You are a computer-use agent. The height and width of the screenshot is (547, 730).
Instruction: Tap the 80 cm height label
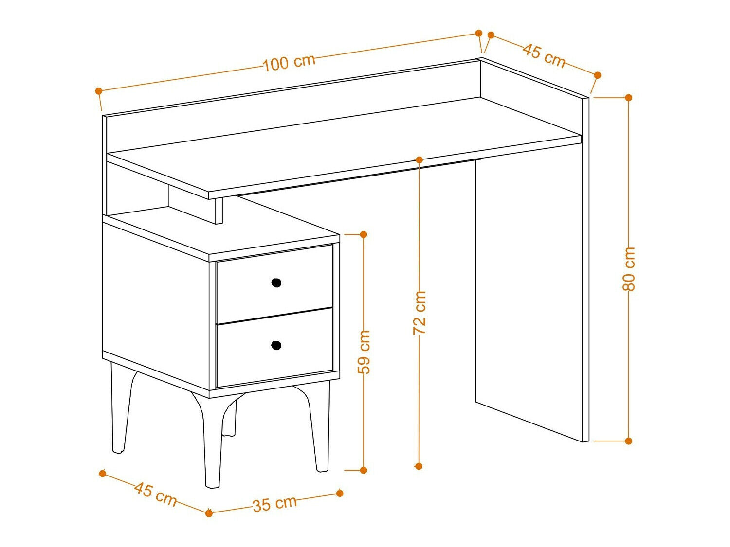tap(628, 269)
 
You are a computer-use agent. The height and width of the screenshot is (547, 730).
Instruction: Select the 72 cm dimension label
tap(420, 313)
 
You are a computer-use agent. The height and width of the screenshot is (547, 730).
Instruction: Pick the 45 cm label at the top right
tap(544, 56)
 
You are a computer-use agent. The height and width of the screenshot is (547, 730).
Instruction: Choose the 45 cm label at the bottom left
tap(155, 494)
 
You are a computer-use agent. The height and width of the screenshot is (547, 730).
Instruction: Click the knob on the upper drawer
tap(276, 282)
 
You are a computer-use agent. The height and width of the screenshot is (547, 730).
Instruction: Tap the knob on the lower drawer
tap(276, 345)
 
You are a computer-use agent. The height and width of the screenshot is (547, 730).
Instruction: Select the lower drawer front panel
tap(274, 347)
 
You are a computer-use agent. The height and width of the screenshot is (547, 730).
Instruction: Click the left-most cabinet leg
tap(120, 408)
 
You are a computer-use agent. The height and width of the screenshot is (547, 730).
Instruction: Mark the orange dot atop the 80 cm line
tap(629, 98)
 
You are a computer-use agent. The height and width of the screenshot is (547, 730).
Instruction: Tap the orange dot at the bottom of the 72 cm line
tap(419, 466)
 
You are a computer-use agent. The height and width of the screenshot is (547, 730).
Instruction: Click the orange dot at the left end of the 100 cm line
tap(98, 90)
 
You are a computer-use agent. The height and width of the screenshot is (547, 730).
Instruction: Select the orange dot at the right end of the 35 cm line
tap(340, 493)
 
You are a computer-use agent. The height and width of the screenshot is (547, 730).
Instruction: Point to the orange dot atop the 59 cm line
tap(364, 234)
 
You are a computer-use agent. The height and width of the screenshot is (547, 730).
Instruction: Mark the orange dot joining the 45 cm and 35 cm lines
tap(209, 513)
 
